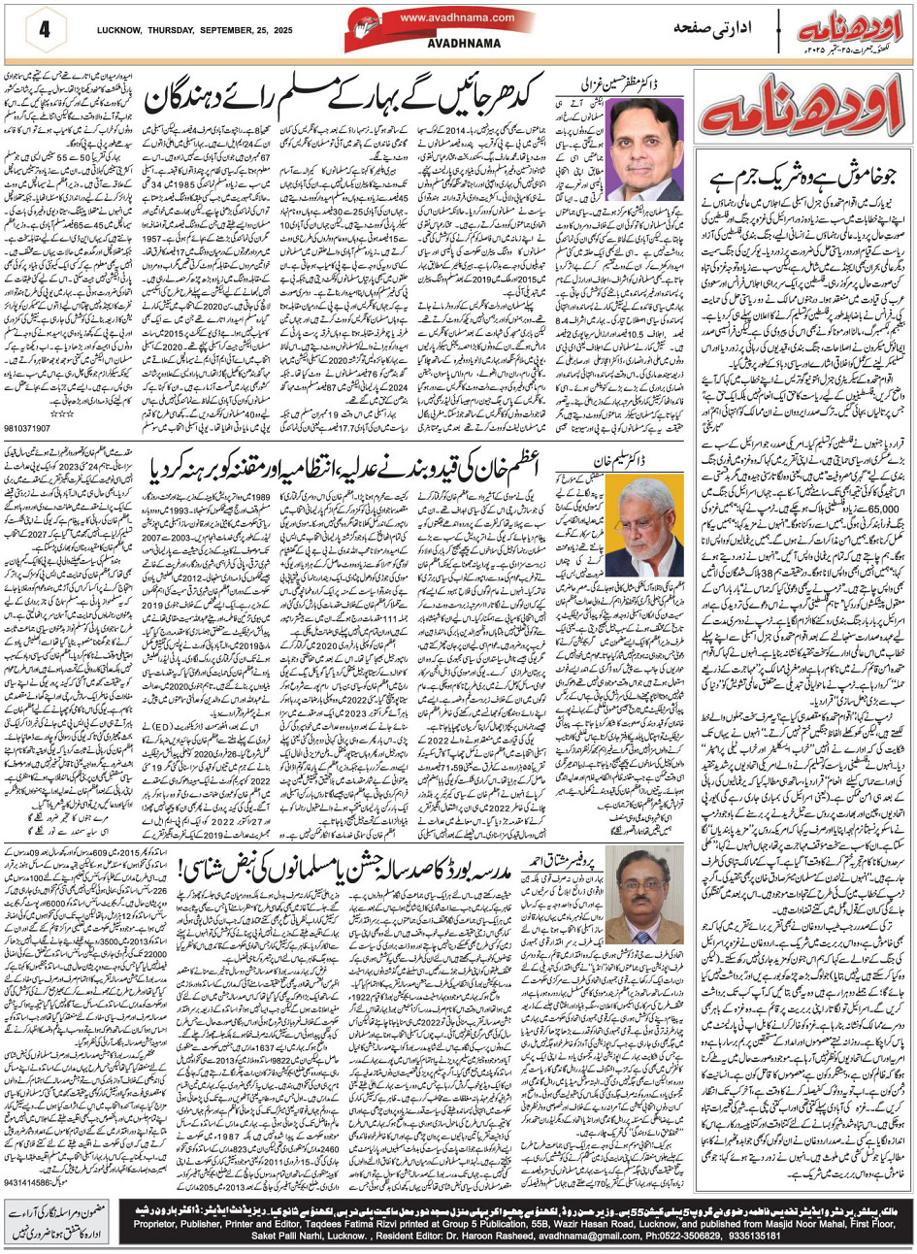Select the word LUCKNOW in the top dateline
coord(120,28)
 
